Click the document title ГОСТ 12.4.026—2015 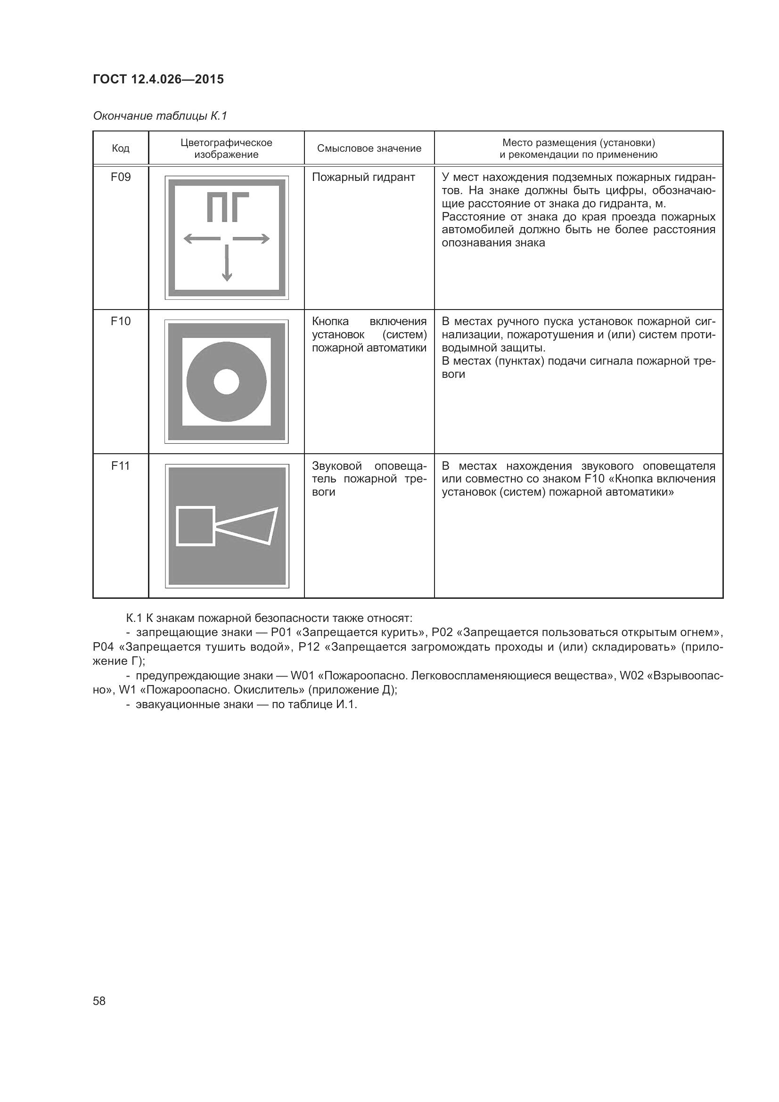[x=158, y=79]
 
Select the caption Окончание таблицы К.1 [x=159, y=116]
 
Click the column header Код [x=121, y=148]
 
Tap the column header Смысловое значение [x=369, y=148]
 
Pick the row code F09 [x=121, y=177]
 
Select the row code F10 [x=121, y=321]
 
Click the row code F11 [x=121, y=465]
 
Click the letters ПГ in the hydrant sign [x=227, y=207]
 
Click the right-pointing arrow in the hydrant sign [x=252, y=238]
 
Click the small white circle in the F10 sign [x=227, y=382]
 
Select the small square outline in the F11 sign [x=196, y=526]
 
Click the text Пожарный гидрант [x=363, y=177]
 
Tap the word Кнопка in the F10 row [x=330, y=321]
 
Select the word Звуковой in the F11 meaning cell [x=336, y=465]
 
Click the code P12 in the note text [x=309, y=646]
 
